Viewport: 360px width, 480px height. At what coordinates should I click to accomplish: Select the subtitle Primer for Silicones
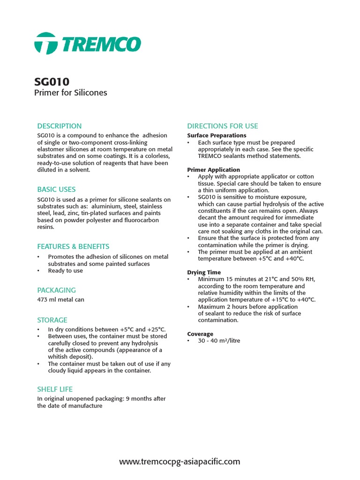point(71,93)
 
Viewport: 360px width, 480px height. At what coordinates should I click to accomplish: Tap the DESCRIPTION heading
point(60,126)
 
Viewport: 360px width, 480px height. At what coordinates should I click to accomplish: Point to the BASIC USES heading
point(56,189)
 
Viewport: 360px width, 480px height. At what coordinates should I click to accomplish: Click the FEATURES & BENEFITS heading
point(73,247)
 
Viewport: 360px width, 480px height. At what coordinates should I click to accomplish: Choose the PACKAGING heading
point(56,290)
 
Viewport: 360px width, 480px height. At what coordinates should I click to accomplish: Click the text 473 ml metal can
point(61,300)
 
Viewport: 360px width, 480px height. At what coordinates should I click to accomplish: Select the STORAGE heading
point(52,320)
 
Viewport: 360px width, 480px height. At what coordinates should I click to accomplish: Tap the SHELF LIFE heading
point(55,389)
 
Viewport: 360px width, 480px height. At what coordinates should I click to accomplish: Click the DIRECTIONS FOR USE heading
point(223,126)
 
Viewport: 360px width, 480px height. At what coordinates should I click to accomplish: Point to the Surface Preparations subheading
point(217,135)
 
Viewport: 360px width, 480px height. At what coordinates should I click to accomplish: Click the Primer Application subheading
point(214,170)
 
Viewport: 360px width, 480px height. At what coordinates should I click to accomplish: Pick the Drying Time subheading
point(204,272)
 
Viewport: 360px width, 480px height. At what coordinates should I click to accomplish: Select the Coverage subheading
point(200,334)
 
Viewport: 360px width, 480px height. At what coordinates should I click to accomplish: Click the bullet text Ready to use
point(66,271)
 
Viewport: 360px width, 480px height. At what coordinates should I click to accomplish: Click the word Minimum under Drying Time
point(211,279)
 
